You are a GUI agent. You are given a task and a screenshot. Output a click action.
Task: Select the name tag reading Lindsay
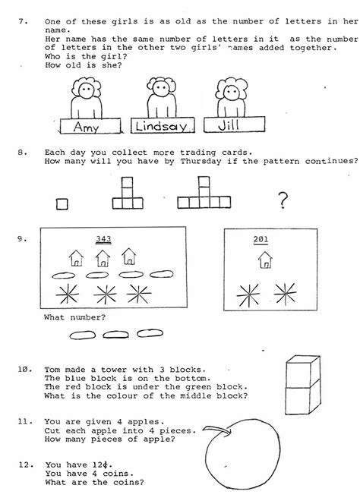click(x=159, y=126)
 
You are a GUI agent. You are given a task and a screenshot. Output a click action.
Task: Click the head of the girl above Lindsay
click(x=160, y=90)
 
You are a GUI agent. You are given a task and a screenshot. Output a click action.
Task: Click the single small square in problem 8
click(x=62, y=202)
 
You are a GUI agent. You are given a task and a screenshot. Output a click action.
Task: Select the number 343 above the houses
click(x=103, y=240)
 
